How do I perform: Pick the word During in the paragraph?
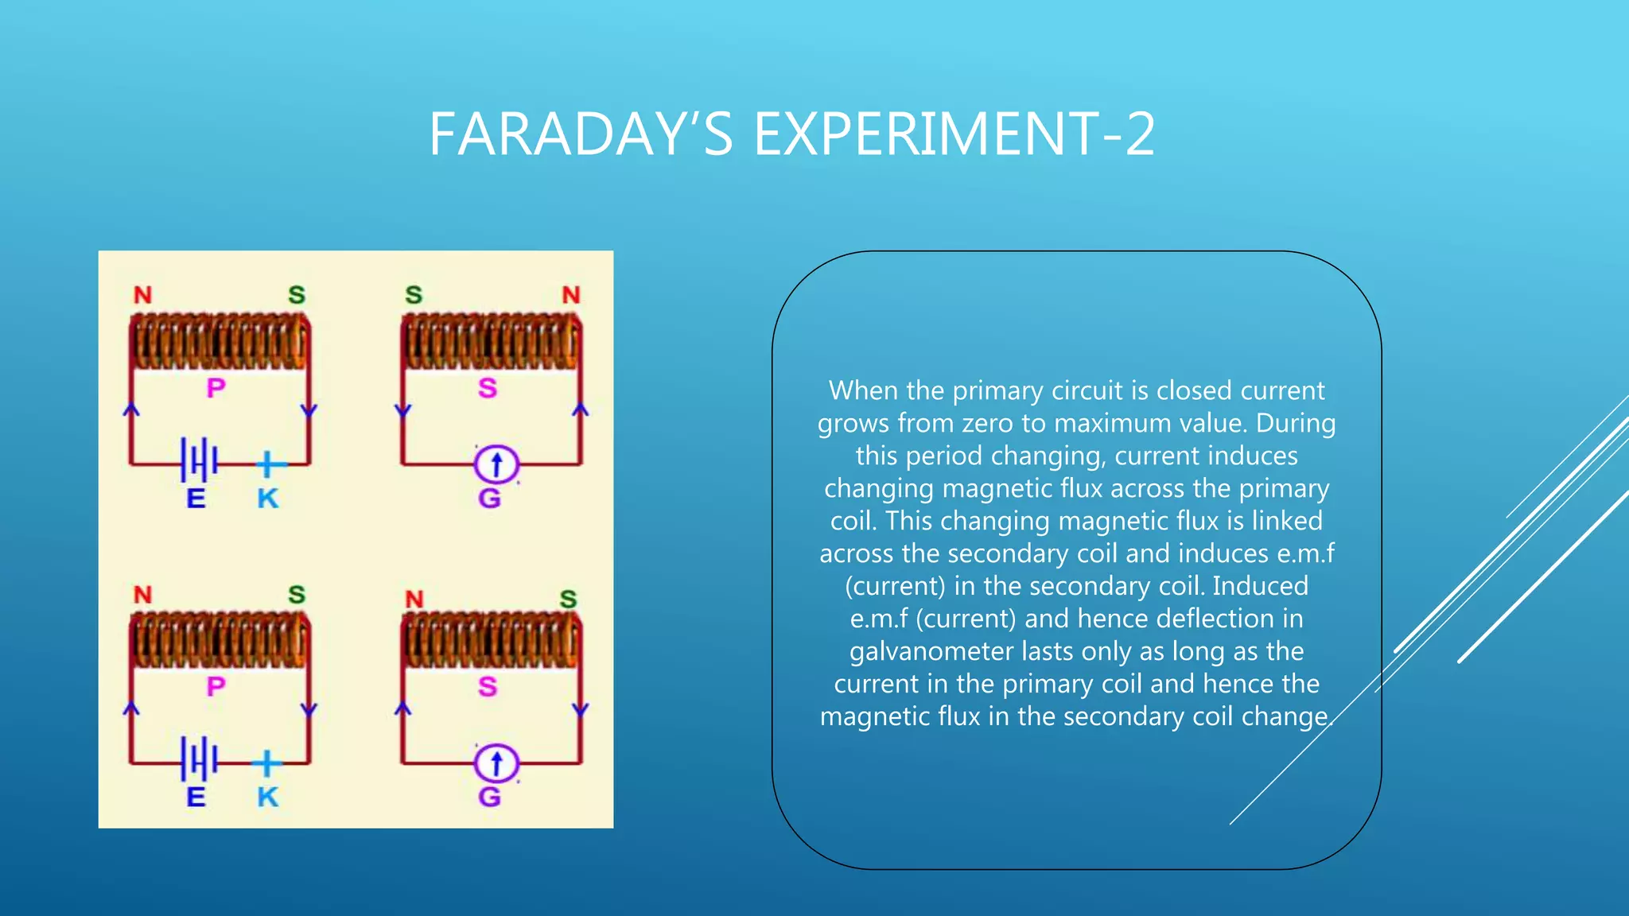(1295, 423)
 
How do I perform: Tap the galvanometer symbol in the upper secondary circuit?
(496, 464)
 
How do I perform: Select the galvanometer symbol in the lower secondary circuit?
(496, 763)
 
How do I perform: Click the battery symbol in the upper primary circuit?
(199, 460)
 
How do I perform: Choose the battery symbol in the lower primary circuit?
(199, 759)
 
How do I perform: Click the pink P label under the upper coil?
(216, 388)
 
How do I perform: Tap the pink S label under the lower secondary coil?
(488, 686)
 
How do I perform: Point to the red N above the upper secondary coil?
(571, 295)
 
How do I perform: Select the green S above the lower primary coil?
(297, 594)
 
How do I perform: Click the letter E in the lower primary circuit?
(196, 797)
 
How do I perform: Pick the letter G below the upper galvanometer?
(489, 499)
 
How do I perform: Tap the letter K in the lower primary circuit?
(268, 797)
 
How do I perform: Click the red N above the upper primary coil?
(142, 295)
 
